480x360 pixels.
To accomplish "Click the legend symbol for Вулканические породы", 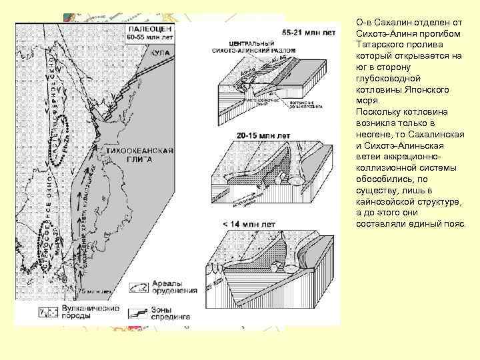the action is click(48, 312).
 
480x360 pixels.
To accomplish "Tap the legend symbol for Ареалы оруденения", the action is click(138, 287).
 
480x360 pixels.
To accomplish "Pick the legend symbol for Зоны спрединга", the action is click(138, 312).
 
